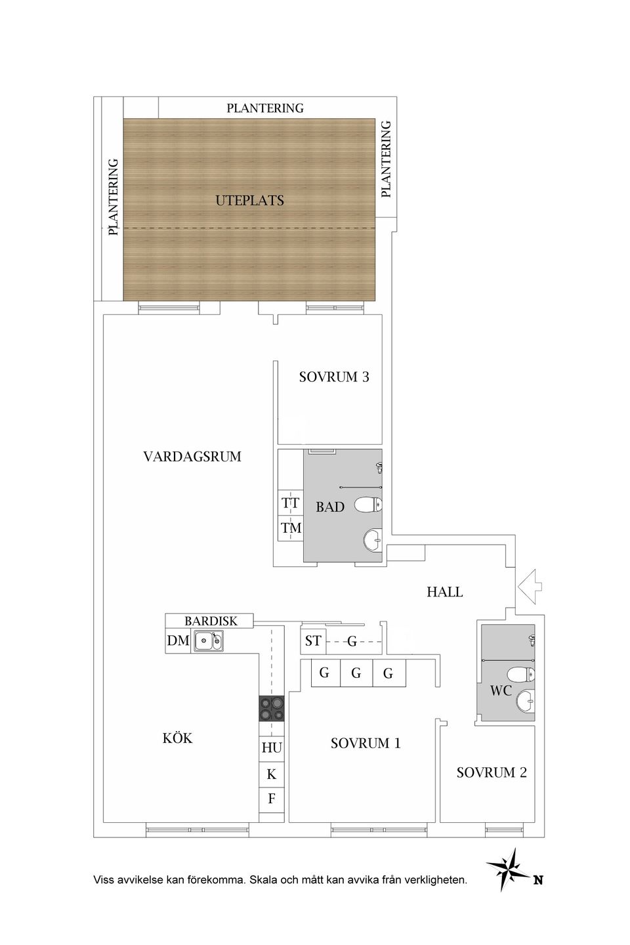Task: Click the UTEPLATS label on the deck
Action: [249, 200]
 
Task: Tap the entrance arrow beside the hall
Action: [529, 584]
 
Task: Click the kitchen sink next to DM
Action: [208, 640]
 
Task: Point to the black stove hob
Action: [272, 709]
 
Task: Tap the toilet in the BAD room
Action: [368, 505]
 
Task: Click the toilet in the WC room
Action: [522, 674]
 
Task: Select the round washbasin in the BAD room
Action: [373, 539]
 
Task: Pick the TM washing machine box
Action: [291, 528]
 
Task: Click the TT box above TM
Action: [291, 503]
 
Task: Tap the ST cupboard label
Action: [313, 640]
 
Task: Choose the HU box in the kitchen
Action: [272, 747]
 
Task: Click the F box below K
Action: [272, 799]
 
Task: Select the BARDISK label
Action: [210, 620]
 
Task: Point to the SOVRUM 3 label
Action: [333, 377]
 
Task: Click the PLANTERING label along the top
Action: [265, 108]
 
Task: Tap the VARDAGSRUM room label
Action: [192, 456]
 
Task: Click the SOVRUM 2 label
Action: [492, 772]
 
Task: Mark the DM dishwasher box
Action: [178, 640]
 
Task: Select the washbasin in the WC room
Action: [526, 701]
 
